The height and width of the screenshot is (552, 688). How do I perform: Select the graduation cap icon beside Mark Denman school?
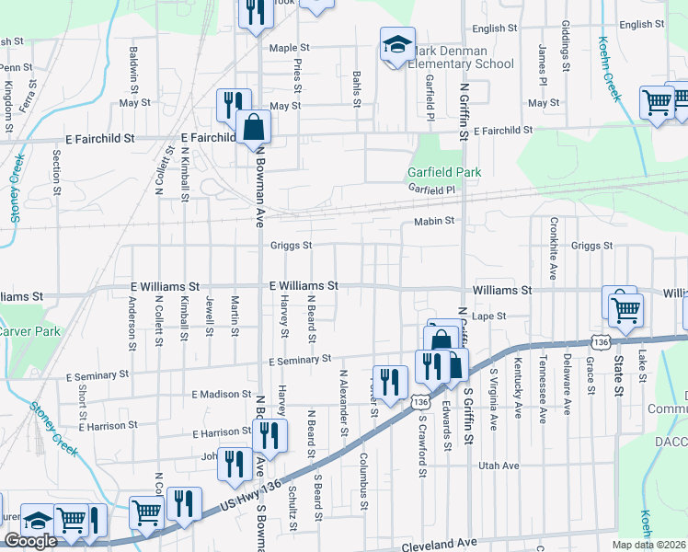[397, 43]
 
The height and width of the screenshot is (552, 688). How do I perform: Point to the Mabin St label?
[434, 221]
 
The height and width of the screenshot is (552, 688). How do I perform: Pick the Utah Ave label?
[498, 466]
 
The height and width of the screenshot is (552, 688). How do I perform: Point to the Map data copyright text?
[649, 545]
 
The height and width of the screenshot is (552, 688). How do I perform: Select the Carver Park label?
[29, 331]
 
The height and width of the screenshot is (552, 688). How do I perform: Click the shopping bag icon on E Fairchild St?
[253, 129]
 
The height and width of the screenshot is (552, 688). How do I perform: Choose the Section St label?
[57, 166]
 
